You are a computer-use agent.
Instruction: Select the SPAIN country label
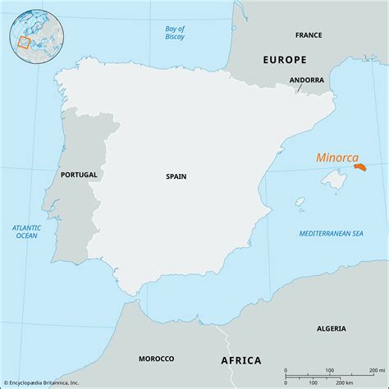[x=176, y=176]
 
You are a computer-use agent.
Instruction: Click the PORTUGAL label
[x=79, y=175]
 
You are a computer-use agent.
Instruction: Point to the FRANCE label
[x=309, y=36]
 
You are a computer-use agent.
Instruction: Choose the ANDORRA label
[x=306, y=80]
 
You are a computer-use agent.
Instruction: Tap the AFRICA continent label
[x=240, y=360]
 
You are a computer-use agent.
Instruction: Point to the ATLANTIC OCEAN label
[x=27, y=231]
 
